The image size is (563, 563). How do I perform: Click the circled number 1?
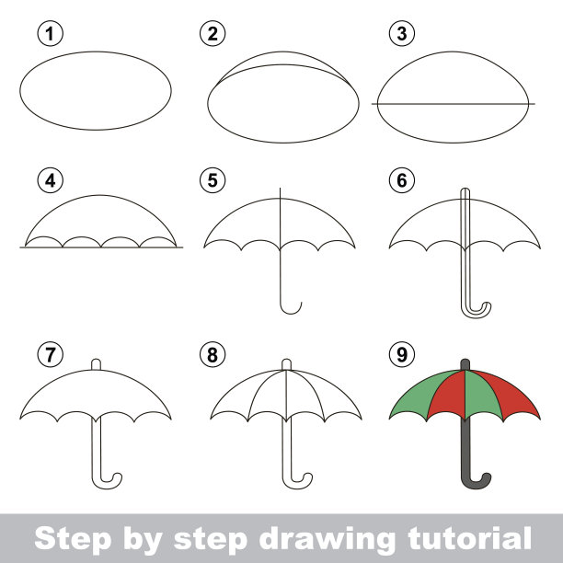[x=51, y=34]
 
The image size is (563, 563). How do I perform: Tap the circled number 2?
[x=213, y=34]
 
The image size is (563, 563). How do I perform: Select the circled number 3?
[x=402, y=34]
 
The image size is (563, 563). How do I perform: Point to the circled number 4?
[x=51, y=180]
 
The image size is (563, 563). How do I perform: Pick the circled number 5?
[x=213, y=180]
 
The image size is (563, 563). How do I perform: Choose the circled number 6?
[x=402, y=180]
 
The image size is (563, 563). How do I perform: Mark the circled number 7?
[x=51, y=354]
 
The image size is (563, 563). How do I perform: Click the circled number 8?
[x=213, y=354]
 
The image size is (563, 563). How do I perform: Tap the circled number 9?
[x=402, y=354]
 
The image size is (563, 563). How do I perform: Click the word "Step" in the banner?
[x=73, y=539]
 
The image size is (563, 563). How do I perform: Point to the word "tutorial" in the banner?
[x=470, y=538]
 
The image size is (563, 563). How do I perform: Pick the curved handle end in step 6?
[x=477, y=314]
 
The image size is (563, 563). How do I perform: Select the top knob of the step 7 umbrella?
[x=96, y=364]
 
